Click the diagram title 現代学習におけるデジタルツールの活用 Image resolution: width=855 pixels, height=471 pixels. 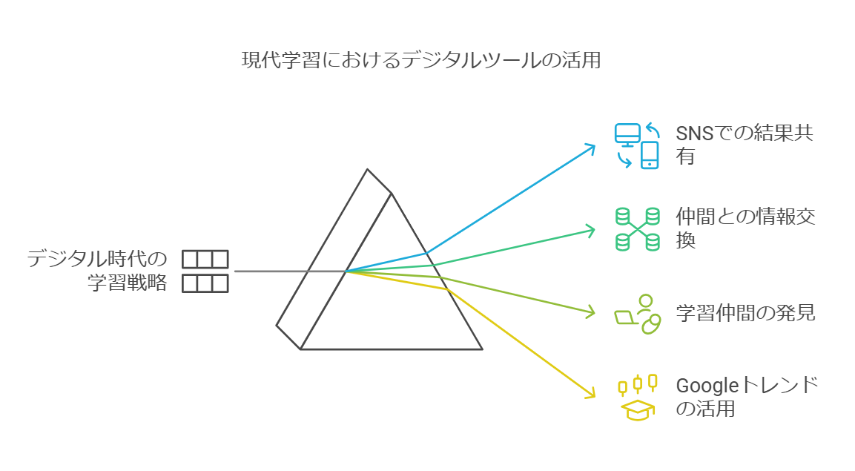(421, 60)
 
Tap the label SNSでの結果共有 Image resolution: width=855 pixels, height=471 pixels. (745, 145)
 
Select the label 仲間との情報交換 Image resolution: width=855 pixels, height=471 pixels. (745, 228)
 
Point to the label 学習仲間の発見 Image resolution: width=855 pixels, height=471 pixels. (745, 313)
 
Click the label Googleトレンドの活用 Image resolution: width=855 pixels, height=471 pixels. (747, 396)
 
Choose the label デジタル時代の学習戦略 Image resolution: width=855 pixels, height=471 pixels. (97, 271)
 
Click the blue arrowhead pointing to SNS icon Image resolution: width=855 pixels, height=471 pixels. (590, 148)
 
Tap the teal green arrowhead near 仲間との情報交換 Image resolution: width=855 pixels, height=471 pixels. (590, 230)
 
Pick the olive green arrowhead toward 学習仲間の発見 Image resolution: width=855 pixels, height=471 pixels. (590, 312)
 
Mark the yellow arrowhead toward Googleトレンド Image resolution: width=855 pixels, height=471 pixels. (590, 394)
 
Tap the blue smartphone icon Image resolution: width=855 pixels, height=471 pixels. (650, 155)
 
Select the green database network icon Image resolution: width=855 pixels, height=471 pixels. (638, 229)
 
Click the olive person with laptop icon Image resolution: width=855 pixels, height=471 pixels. (638, 314)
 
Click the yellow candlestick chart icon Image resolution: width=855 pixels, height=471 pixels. (638, 383)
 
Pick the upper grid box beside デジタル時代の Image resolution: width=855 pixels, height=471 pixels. (205, 260)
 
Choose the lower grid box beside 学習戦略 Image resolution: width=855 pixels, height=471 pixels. (205, 283)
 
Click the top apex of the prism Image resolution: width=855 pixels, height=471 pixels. (368, 170)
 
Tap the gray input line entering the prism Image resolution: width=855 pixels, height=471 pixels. (290, 271)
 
